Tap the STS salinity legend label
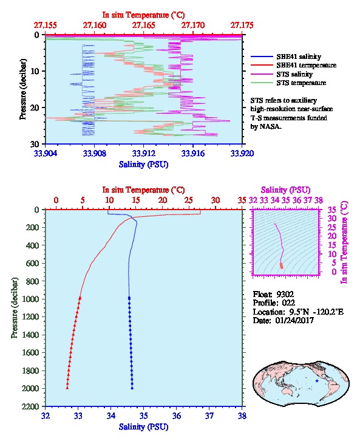pos(294,74)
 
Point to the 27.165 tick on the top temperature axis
pos(144,26)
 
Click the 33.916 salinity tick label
pos(193,153)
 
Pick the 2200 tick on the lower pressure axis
pos(30,406)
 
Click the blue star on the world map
pos(317,381)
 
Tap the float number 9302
pos(285,295)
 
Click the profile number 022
pos(288,303)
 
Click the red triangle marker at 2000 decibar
pos(67,388)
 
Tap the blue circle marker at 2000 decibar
pos(132,388)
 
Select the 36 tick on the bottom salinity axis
pos(177,415)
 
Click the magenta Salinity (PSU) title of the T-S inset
pos(285,190)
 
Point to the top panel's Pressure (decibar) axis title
pos(22,89)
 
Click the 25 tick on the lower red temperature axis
pos(189,200)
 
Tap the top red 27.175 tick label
pos(242,26)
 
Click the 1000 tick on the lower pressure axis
pos(30,299)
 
